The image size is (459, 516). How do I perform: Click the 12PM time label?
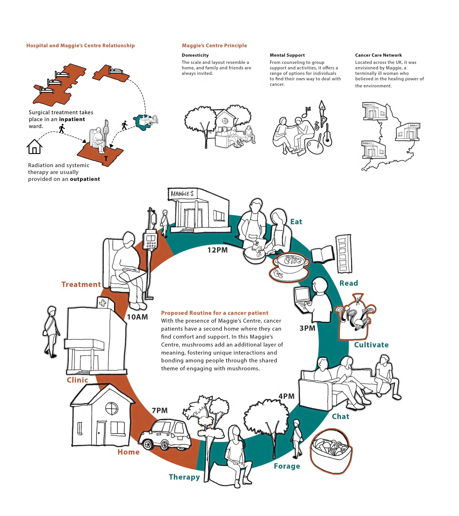[217, 250]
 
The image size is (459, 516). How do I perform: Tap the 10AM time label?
[137, 317]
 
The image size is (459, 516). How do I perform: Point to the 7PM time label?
[160, 411]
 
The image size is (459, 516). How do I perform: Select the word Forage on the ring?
[287, 466]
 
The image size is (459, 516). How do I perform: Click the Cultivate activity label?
[371, 345]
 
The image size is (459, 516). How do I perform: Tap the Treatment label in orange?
[81, 284]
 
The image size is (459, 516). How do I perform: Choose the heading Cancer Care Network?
[378, 55]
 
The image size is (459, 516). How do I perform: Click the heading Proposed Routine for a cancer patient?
[215, 313]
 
